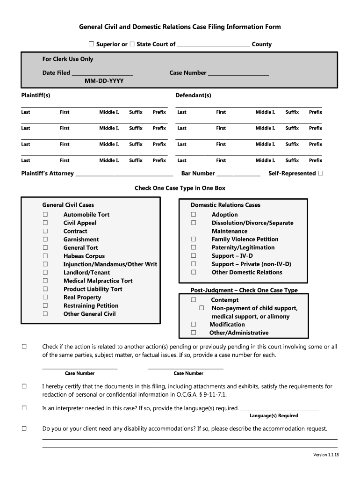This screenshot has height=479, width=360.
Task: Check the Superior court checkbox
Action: click(92, 44)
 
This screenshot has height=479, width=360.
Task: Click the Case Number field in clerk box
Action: click(238, 73)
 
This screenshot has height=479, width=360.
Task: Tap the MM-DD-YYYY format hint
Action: click(104, 81)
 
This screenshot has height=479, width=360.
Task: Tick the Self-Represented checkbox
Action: click(320, 173)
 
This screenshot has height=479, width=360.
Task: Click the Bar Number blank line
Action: click(238, 174)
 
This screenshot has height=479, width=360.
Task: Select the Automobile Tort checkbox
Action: click(45, 214)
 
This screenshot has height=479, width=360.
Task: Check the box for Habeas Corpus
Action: click(45, 256)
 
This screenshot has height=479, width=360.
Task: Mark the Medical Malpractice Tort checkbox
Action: click(45, 281)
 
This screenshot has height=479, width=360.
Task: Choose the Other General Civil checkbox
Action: click(45, 314)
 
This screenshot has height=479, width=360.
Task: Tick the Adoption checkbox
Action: click(194, 214)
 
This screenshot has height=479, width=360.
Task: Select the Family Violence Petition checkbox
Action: click(194, 239)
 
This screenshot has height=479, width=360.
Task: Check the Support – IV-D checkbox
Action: click(194, 256)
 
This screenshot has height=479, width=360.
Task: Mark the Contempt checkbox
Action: click(194, 300)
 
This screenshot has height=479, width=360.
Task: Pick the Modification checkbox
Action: click(194, 324)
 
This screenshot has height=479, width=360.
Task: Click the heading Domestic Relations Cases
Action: click(225, 205)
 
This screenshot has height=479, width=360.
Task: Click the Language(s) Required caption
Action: click(274, 415)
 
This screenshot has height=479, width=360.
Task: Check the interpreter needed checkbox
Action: click(24, 408)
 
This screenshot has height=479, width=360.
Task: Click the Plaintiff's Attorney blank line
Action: click(124, 174)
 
